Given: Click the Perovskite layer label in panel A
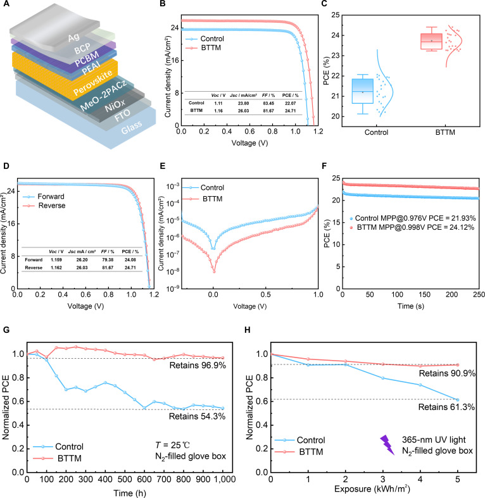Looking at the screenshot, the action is [x=93, y=82].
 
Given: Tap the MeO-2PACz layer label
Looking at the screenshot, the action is [x=104, y=95].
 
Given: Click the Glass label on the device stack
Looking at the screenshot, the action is [x=131, y=127].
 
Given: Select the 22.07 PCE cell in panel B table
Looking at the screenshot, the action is [x=290, y=103].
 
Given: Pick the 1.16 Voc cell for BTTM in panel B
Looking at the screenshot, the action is [x=218, y=111].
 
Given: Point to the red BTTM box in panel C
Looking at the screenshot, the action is [x=431, y=41].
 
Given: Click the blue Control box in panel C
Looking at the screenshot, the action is [x=363, y=91].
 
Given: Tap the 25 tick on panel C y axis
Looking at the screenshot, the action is [x=336, y=15].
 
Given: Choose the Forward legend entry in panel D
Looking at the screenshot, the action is [x=44, y=197].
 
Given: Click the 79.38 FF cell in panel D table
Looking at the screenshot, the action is [x=108, y=260].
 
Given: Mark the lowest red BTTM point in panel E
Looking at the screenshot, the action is [x=214, y=271].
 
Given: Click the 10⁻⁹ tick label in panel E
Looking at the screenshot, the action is [x=173, y=288].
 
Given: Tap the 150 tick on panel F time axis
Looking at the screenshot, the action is [x=424, y=294].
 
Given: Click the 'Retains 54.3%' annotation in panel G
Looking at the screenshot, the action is [x=197, y=416].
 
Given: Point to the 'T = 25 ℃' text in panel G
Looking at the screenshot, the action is [x=173, y=445].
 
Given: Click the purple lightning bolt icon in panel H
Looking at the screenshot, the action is [x=387, y=445].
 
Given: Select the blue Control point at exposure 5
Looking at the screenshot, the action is [x=458, y=400].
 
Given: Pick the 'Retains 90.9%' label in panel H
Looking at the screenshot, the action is [x=447, y=373].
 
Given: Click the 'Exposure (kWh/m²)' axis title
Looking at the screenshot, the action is [x=372, y=489].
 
